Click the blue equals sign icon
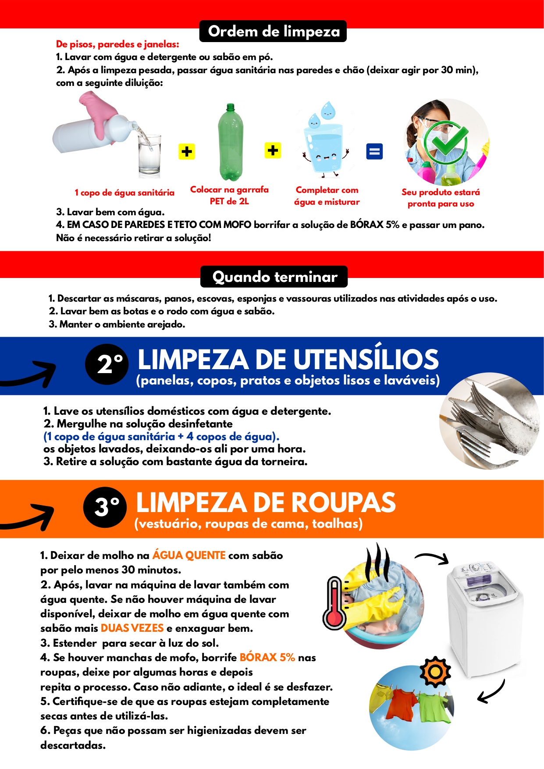pyautogui.click(x=374, y=152)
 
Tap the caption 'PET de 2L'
pyautogui.click(x=229, y=201)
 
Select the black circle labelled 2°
pyautogui.click(x=107, y=364)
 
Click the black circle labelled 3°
pyautogui.click(x=105, y=507)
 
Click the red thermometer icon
pyautogui.click(x=334, y=603)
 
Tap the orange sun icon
pyautogui.click(x=435, y=672)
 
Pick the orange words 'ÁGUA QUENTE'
pyautogui.click(x=189, y=555)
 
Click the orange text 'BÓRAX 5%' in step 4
pyautogui.click(x=267, y=658)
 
